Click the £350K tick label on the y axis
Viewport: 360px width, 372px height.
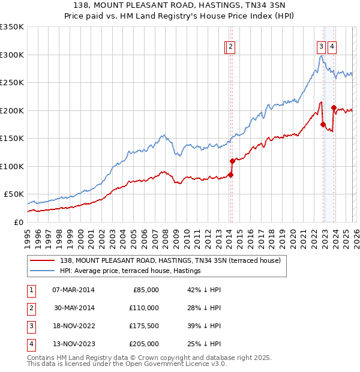tap(12, 27)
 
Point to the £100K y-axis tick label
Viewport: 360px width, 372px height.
tap(12, 166)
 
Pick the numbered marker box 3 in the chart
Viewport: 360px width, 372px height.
tap(321, 47)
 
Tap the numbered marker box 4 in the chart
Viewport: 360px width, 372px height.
tap(332, 47)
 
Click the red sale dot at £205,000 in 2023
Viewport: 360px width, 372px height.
tap(334, 107)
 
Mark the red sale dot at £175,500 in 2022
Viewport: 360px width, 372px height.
tap(323, 124)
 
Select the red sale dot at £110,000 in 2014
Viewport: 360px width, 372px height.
tap(232, 161)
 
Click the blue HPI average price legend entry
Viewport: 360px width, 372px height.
tap(130, 271)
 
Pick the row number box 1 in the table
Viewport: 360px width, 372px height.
tap(31, 290)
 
